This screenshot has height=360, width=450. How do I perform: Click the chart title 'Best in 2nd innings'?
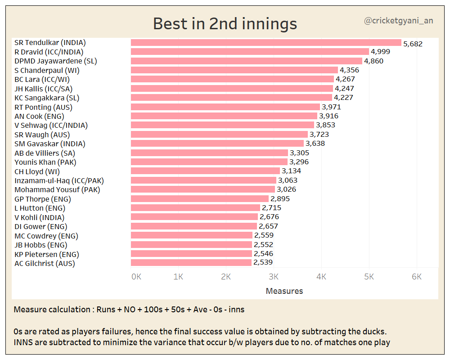click(x=225, y=23)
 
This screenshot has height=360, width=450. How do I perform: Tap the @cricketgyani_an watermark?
click(x=398, y=21)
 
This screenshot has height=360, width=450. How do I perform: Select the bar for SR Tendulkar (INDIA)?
click(x=266, y=43)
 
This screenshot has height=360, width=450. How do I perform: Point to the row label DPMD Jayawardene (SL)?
click(x=56, y=61)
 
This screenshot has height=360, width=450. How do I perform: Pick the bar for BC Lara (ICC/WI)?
click(x=232, y=79)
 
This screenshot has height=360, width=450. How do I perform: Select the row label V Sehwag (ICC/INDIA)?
click(x=51, y=125)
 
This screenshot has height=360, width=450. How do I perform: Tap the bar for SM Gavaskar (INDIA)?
click(x=217, y=144)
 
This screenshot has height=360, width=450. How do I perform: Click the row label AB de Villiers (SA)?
click(x=45, y=153)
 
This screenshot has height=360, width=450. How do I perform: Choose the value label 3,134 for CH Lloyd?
click(x=291, y=171)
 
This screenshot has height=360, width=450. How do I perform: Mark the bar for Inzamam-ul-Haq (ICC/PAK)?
click(x=203, y=180)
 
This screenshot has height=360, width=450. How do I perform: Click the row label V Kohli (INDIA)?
click(x=40, y=217)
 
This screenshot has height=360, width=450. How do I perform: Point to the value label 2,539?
click(x=263, y=262)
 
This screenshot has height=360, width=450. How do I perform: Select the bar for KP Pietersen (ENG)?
click(x=191, y=254)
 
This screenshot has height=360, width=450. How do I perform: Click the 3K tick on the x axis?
click(x=274, y=277)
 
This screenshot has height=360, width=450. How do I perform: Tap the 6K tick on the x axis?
click(x=417, y=277)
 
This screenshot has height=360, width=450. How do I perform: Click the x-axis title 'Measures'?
click(x=284, y=291)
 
